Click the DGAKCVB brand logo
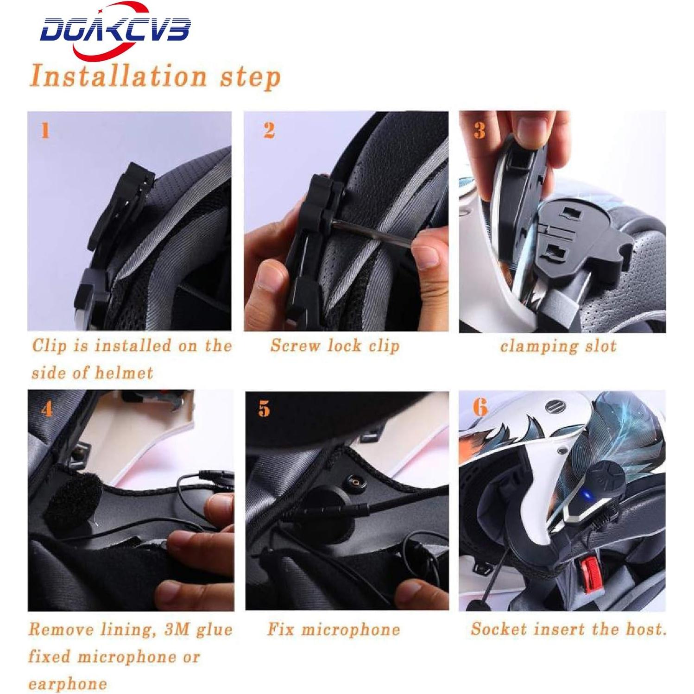click(115, 31)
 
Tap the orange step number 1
click(45, 131)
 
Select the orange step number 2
click(269, 131)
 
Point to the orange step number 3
click(479, 131)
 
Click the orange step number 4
click(47, 409)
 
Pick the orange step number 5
click(264, 409)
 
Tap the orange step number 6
click(480, 408)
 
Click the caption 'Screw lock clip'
click(334, 346)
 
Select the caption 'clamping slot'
click(558, 346)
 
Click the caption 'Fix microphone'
click(334, 630)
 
